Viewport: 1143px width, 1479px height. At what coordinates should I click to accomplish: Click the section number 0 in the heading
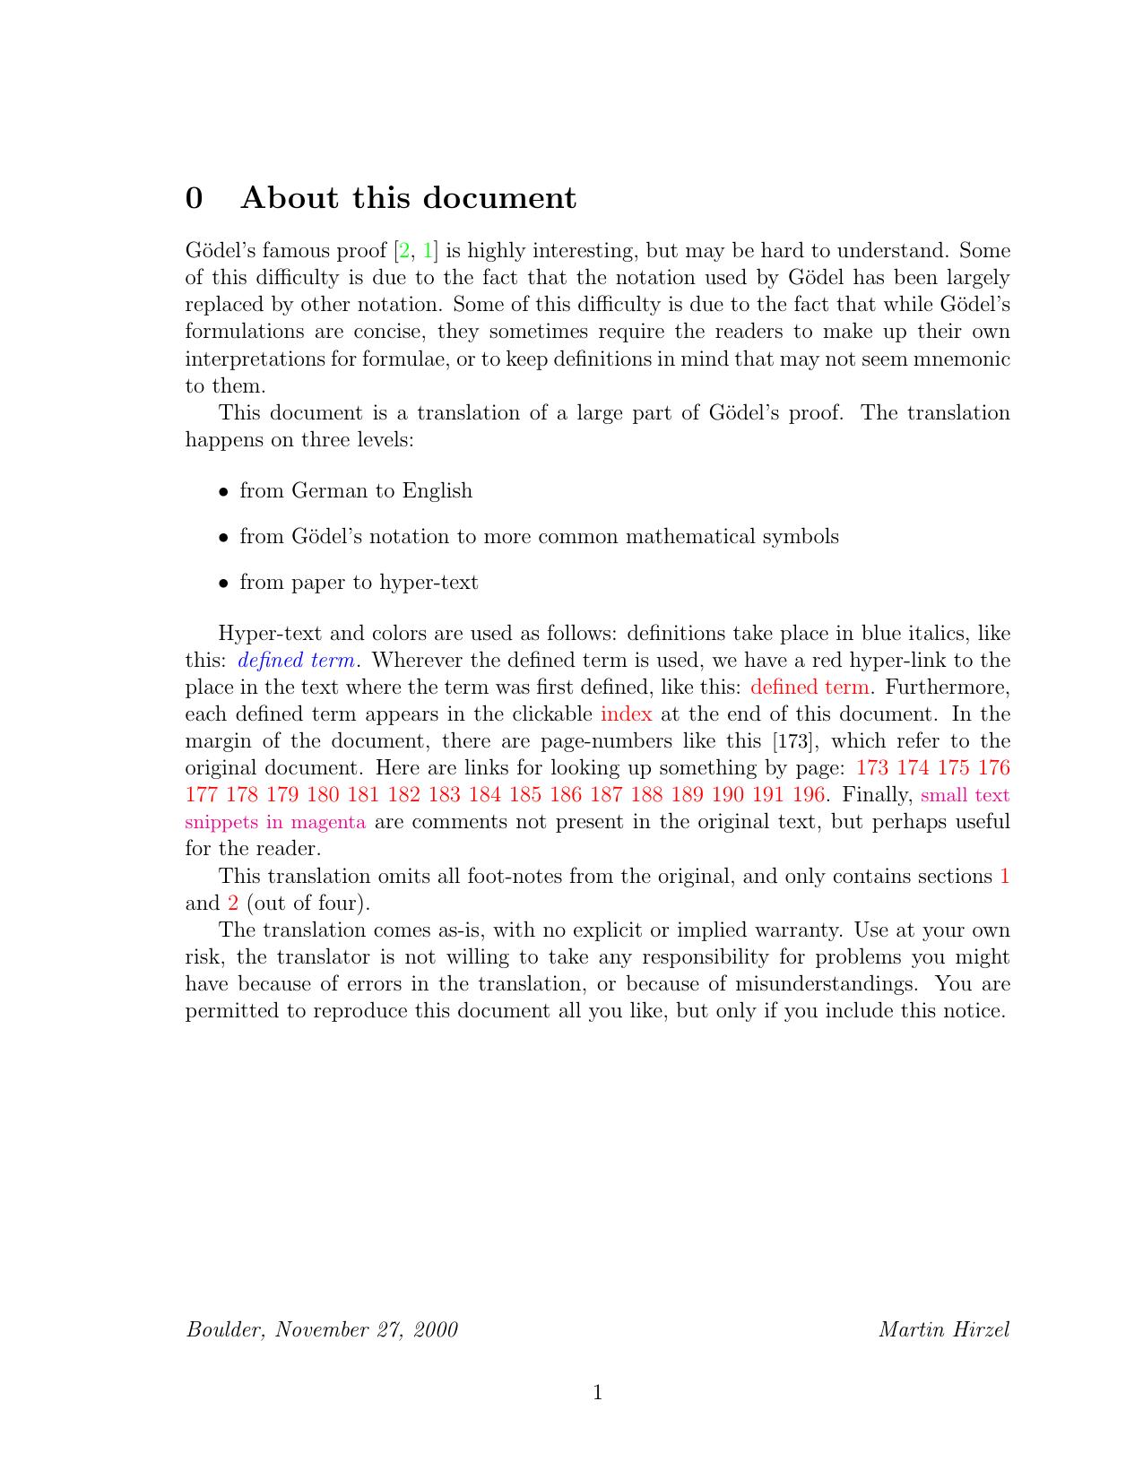(x=194, y=198)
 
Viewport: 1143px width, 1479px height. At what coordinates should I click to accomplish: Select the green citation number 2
(x=404, y=250)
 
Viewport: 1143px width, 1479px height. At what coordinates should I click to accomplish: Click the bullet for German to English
(x=224, y=492)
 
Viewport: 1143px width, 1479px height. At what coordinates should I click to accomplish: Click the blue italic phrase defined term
(x=297, y=661)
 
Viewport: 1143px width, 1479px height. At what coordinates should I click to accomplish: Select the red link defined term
(x=809, y=688)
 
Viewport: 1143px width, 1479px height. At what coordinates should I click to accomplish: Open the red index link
(x=626, y=714)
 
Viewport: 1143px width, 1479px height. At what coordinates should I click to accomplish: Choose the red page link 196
(x=808, y=795)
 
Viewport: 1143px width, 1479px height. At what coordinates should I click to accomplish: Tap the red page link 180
(x=323, y=795)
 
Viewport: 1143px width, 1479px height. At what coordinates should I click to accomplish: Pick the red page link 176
(x=994, y=768)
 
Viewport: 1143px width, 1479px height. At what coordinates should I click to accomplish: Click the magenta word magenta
(x=328, y=822)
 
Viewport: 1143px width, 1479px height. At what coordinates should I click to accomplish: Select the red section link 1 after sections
(x=1005, y=877)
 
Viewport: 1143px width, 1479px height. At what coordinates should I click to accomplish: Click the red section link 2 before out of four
(x=233, y=904)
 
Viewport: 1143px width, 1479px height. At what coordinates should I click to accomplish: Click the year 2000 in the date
(x=436, y=1329)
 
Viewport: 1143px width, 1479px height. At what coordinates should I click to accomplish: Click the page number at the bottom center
(x=597, y=1392)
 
